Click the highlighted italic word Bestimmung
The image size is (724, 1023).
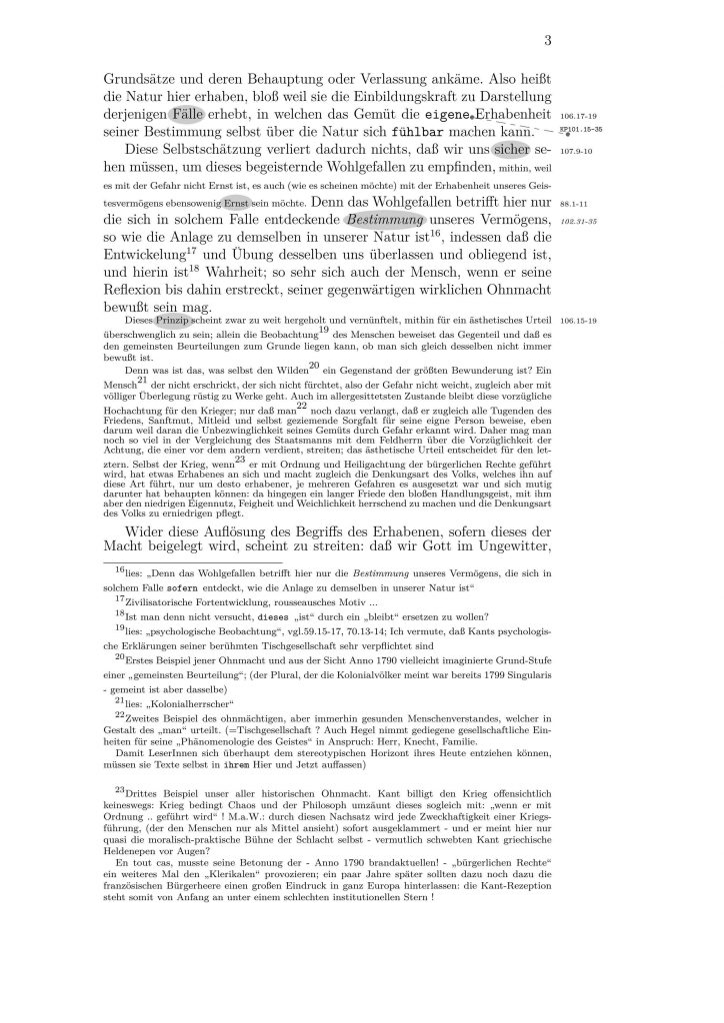(386, 219)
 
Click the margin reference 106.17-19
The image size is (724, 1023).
(581, 115)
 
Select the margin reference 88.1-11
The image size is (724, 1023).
(577, 201)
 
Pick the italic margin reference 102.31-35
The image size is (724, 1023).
(580, 220)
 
